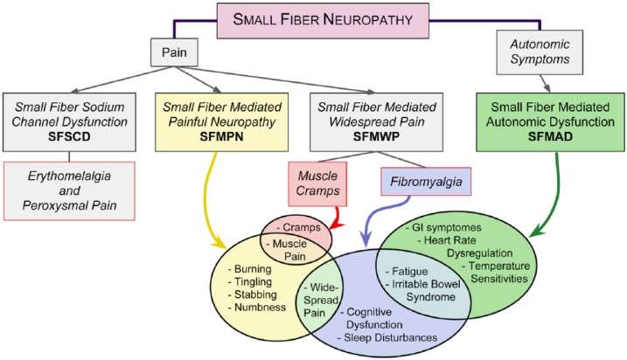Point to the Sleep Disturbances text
pos(401,336)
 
